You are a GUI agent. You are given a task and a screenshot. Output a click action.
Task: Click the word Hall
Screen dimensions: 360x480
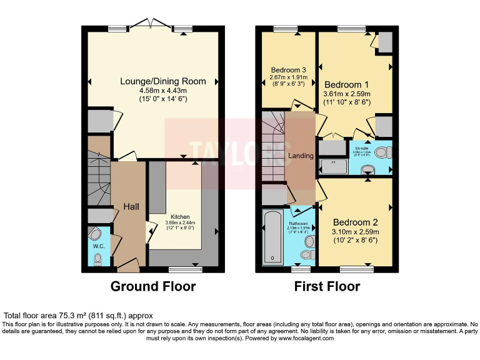pyautogui.click(x=131, y=207)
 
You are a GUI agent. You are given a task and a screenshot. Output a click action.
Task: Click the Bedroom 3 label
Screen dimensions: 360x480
pyautogui.click(x=288, y=69)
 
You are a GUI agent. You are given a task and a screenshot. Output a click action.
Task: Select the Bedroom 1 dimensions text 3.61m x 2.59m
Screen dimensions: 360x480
pyautogui.click(x=355, y=95)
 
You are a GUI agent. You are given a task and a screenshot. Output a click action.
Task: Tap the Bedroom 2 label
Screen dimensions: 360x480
pyautogui.click(x=355, y=222)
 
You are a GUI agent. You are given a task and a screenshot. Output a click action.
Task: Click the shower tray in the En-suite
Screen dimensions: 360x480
pyautogui.click(x=334, y=166)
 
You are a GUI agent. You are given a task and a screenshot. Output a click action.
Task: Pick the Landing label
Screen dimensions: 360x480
pyautogui.click(x=301, y=156)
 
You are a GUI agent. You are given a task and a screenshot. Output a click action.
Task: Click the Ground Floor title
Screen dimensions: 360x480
pyautogui.click(x=153, y=287)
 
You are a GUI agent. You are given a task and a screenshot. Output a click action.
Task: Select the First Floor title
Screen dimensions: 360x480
pyautogui.click(x=327, y=287)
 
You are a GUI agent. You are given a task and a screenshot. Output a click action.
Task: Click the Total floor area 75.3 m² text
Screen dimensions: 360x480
pyautogui.click(x=78, y=316)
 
